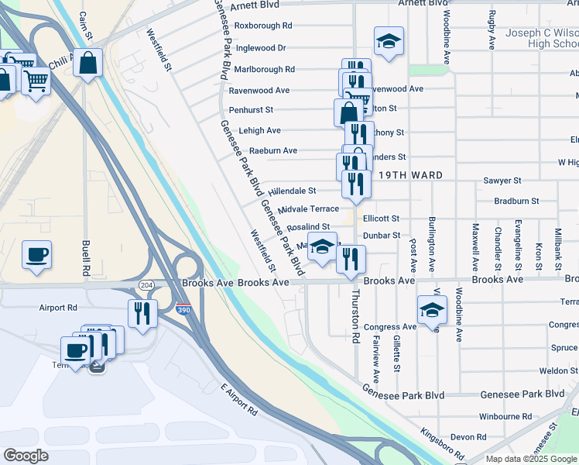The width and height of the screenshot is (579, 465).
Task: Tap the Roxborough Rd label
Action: [263, 26]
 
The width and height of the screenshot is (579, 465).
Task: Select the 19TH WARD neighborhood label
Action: [410, 175]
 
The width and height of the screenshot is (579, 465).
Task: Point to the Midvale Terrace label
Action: [308, 209]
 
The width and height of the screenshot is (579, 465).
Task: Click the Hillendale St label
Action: [292, 190]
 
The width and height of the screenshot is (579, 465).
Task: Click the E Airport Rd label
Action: [238, 398]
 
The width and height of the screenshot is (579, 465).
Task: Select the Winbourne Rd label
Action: [505, 416]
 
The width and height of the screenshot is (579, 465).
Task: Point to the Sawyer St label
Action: [502, 181]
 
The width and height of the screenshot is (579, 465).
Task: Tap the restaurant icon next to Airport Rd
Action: [142, 312]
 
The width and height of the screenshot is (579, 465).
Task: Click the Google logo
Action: [26, 456]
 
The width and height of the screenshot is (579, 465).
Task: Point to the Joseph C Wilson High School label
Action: [541, 39]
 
